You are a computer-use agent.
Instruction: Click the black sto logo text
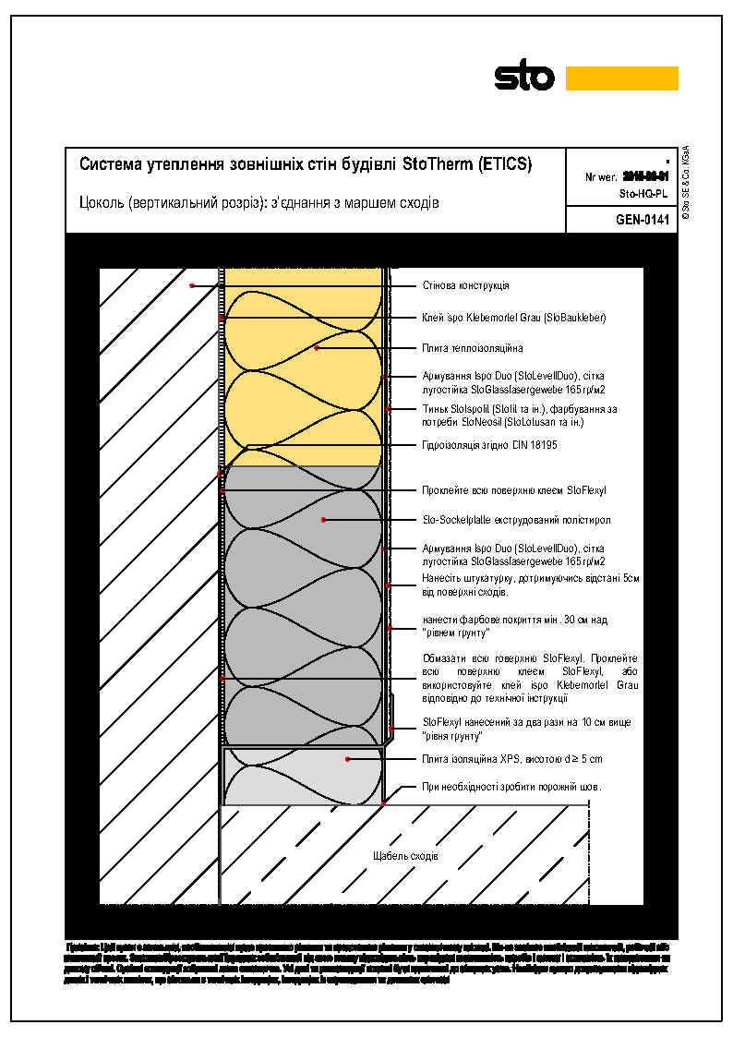(524, 78)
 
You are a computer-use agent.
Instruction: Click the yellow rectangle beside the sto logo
(621, 78)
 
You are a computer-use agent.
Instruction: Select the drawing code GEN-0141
(641, 220)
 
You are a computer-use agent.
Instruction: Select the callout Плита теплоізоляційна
(472, 348)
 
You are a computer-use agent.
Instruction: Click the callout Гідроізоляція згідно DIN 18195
(489, 445)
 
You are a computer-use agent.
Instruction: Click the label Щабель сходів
(405, 856)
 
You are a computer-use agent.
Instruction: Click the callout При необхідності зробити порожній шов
(511, 787)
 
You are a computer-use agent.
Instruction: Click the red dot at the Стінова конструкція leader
(192, 285)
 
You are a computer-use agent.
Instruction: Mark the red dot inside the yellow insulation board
(317, 348)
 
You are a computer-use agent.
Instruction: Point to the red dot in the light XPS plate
(347, 759)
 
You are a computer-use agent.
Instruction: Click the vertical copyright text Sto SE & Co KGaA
(686, 181)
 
